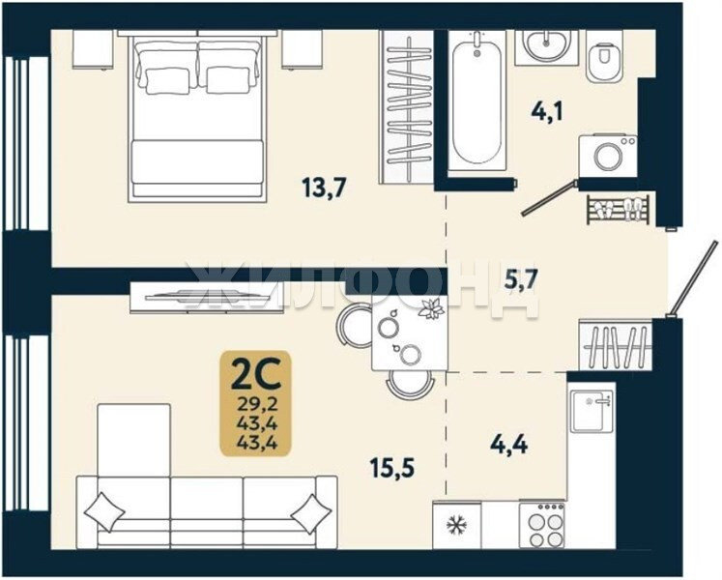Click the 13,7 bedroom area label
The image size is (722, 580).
click(x=323, y=188)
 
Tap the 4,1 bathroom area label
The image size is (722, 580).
click(x=547, y=111)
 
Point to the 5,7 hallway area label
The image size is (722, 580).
click(x=521, y=279)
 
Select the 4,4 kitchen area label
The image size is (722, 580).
click(x=509, y=445)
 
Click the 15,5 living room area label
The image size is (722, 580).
click(x=392, y=468)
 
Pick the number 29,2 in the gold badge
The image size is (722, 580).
click(x=256, y=404)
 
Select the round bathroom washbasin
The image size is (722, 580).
click(x=546, y=44)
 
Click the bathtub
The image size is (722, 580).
click(x=477, y=102)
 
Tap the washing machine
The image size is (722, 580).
click(x=608, y=156)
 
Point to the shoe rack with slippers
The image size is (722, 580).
click(x=619, y=210)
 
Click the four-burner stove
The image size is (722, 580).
click(x=542, y=526)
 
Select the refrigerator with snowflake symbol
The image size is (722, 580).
click(x=457, y=525)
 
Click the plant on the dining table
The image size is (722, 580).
click(x=431, y=308)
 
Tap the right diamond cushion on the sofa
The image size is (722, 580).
click(x=312, y=514)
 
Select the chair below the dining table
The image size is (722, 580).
click(x=410, y=386)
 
